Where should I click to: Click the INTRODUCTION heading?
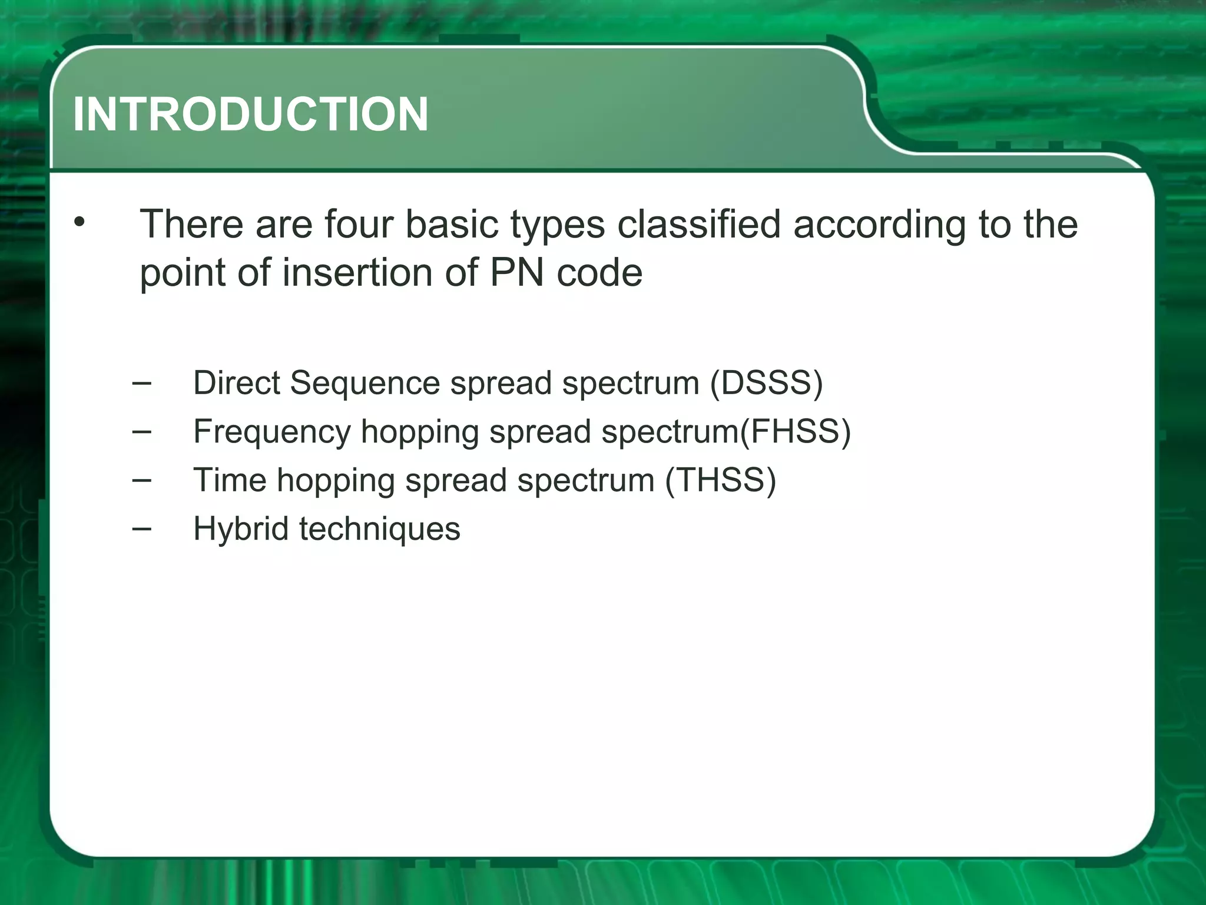(x=250, y=114)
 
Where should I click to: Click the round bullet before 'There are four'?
(x=79, y=223)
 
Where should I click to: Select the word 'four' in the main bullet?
(x=359, y=224)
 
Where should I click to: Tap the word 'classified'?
(x=698, y=224)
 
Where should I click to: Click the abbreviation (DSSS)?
(x=766, y=384)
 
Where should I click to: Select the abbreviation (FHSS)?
(x=795, y=432)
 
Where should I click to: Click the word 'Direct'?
(x=237, y=383)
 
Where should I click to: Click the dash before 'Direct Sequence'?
(x=141, y=384)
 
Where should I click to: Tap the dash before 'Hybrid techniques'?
(x=141, y=529)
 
